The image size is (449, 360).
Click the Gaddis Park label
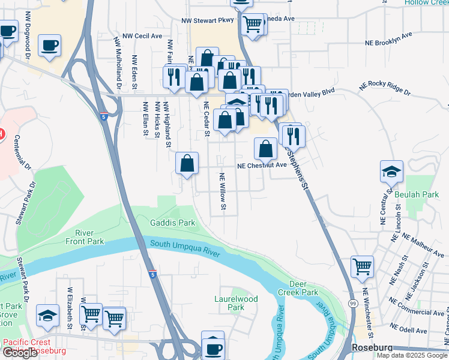pyautogui.click(x=172, y=223)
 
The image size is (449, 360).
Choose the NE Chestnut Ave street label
pyautogui.click(x=262, y=166)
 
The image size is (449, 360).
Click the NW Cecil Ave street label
pyautogui.click(x=142, y=36)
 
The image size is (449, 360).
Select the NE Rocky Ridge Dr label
pyautogui.click(x=384, y=89)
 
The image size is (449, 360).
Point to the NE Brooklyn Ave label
pyautogui.click(x=389, y=39)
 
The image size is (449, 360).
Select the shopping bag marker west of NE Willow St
pyautogui.click(x=187, y=162)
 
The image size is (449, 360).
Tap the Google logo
pyautogui.click(x=20, y=353)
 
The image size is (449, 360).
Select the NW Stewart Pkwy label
pyautogui.click(x=208, y=20)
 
